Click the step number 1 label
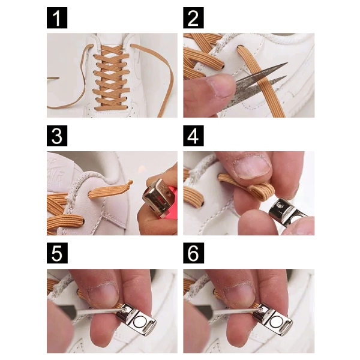click(x=57, y=17)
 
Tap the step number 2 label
click(x=193, y=17)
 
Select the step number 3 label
click(x=57, y=136)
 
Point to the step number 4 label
click(x=193, y=136)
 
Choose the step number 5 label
click(x=57, y=253)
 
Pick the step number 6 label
click(x=194, y=253)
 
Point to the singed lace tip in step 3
click(x=130, y=183)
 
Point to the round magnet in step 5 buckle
click(x=140, y=321)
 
